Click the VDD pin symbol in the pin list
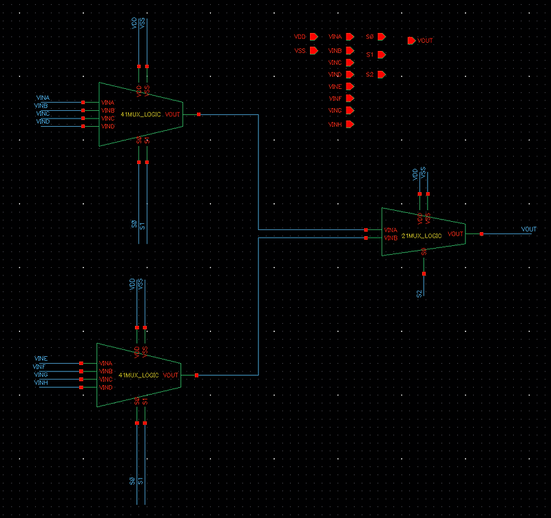[x=313, y=36]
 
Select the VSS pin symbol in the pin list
[x=313, y=50]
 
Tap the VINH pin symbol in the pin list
[x=351, y=125]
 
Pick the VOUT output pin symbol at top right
[x=412, y=41]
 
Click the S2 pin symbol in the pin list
[x=381, y=74]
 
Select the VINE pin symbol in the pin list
[x=351, y=87]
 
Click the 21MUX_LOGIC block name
[x=421, y=236]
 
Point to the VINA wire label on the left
[x=43, y=99]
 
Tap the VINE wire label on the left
[x=41, y=359]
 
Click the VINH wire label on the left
[x=41, y=382]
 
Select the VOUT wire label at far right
[x=528, y=229]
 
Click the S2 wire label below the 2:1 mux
[x=419, y=294]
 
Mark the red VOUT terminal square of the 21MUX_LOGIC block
[x=481, y=234]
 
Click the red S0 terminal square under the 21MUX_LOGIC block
[x=424, y=273]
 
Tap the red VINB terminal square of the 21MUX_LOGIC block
[x=366, y=238]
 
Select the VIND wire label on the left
[x=43, y=122]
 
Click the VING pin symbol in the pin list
[x=351, y=111]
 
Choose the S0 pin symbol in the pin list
[x=381, y=37]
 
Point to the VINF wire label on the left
[x=39, y=367]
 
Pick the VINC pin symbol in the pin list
[x=351, y=63]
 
